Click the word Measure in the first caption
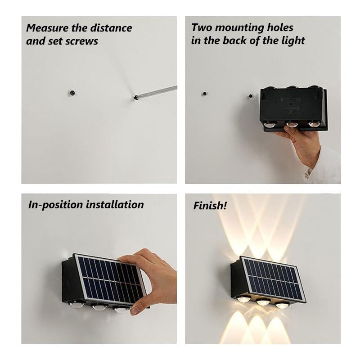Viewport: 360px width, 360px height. pos(45,28)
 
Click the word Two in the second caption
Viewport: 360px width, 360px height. pos(201,27)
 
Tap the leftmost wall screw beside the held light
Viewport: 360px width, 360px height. pos(203,95)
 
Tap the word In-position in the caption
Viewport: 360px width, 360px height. pos(54,205)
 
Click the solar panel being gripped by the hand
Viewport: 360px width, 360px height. pos(108,279)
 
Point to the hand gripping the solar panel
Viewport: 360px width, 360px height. pos(153,274)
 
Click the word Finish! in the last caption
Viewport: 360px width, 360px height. pos(210,206)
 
